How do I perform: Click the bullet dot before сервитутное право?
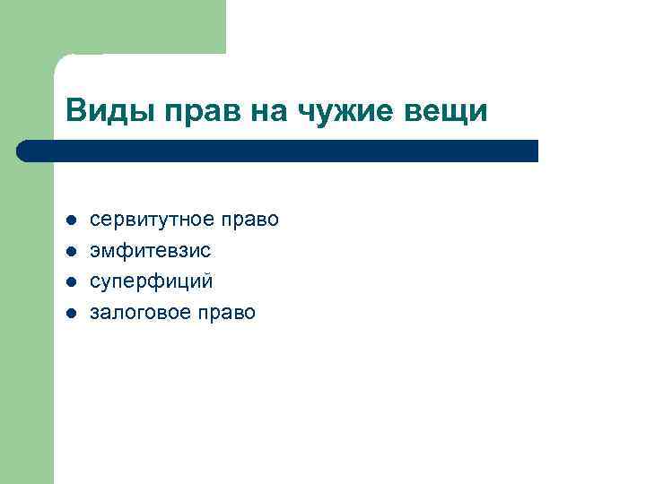pos(71,220)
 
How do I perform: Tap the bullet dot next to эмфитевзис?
pos(71,251)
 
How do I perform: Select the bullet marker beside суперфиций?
pos(71,281)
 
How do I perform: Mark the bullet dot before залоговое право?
pos(71,313)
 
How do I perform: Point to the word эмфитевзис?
pos(151,251)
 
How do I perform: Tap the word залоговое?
pos(137,313)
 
